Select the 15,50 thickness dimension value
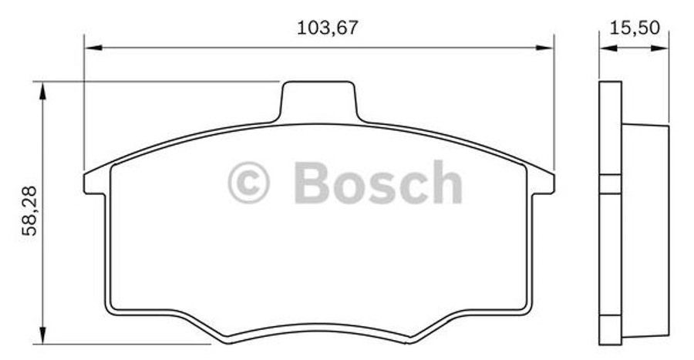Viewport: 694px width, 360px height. click(634, 29)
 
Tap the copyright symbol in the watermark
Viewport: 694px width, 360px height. click(248, 183)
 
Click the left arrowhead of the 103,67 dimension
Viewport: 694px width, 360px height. click(91, 48)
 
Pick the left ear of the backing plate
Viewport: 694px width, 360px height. click(95, 183)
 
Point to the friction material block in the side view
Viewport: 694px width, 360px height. click(644, 231)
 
